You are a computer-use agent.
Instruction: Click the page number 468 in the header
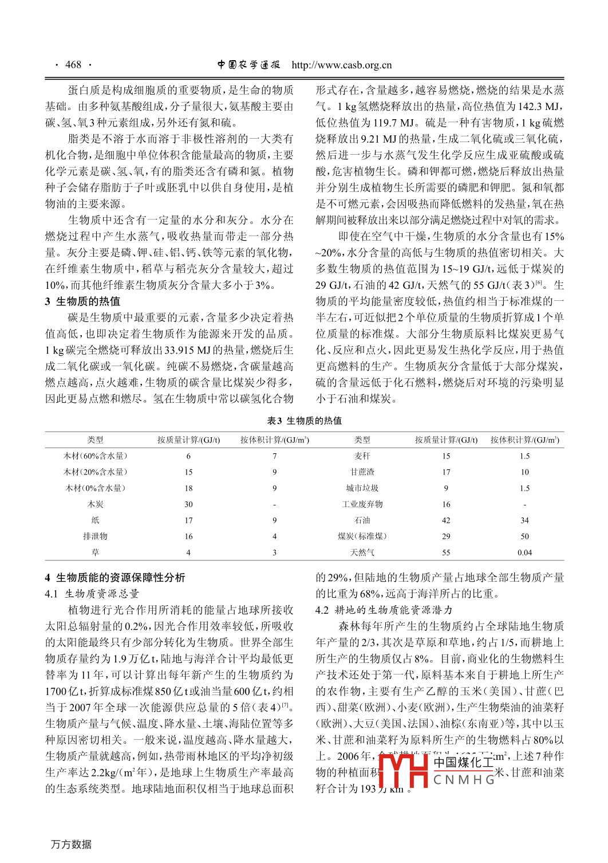tap(73, 65)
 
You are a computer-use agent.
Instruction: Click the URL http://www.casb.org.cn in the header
tap(341, 65)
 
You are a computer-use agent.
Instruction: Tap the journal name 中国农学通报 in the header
tap(248, 65)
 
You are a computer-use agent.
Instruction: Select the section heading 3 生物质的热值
tap(82, 301)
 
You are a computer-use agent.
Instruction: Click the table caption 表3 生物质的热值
tap(304, 421)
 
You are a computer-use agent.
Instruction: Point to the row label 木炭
tap(95, 504)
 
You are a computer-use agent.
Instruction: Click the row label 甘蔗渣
tap(362, 472)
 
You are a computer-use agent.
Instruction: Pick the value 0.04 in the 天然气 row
tap(524, 552)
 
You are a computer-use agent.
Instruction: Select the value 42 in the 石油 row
tap(446, 520)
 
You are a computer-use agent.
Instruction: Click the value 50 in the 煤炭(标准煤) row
tap(524, 536)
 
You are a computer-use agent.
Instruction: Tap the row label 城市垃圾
tap(362, 488)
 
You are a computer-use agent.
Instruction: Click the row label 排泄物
tap(95, 536)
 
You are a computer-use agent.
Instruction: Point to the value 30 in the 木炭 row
tap(188, 504)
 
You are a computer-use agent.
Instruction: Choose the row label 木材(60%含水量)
tap(95, 456)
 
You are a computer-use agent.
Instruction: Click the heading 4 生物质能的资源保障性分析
tap(115, 577)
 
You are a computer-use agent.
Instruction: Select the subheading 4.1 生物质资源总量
tap(92, 594)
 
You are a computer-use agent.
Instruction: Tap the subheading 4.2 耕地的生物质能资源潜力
tap(384, 610)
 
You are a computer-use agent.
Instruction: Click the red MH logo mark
tap(403, 770)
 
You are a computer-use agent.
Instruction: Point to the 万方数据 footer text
tap(71, 844)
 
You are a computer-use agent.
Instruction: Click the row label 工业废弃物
tap(362, 504)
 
